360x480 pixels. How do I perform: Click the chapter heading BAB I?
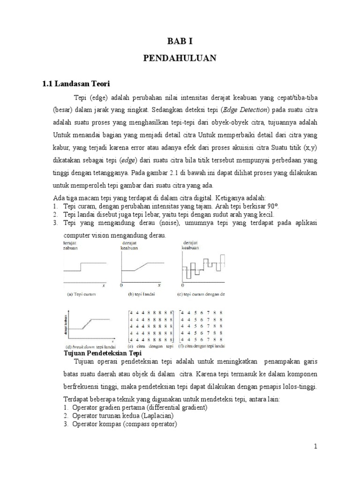pyautogui.click(x=180, y=41)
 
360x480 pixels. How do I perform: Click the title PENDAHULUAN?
pyautogui.click(x=180, y=58)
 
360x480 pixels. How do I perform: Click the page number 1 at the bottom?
pyautogui.click(x=316, y=447)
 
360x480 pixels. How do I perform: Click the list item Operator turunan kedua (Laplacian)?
pyautogui.click(x=123, y=416)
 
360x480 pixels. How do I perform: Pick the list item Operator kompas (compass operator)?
pyautogui.click(x=124, y=424)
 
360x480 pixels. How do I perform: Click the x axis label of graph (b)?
pyautogui.click(x=159, y=285)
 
